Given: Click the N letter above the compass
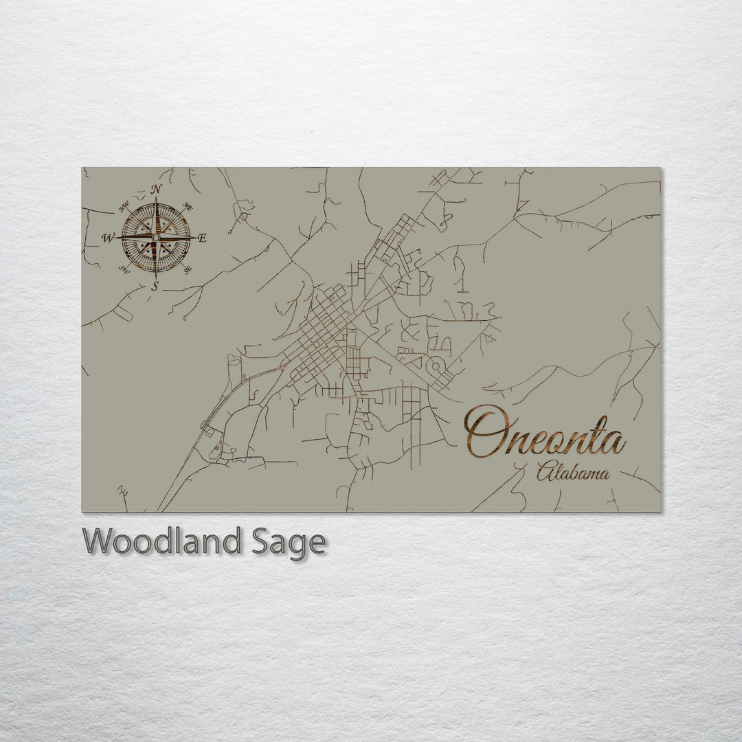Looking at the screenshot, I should [157, 190].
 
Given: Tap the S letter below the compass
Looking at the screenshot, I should [155, 286].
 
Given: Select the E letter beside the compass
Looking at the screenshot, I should [202, 238].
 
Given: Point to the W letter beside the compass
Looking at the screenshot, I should [108, 238].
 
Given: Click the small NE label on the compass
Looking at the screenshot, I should [189, 207].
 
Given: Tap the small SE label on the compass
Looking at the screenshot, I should [188, 269].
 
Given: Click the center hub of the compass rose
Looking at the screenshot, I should [156, 238].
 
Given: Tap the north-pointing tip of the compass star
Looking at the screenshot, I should [156, 201].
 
